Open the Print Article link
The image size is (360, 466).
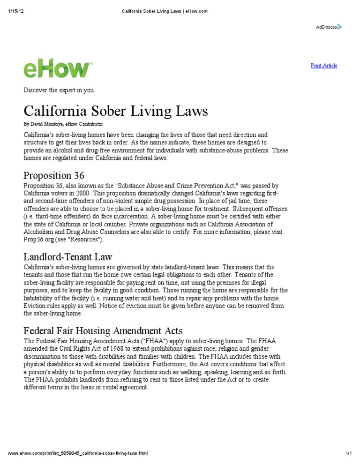324,66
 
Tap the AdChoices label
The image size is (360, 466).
326,27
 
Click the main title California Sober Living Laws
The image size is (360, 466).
116,111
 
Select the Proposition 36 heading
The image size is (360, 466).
54,175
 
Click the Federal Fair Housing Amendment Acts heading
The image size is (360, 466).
103,331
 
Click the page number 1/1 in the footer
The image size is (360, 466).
348,453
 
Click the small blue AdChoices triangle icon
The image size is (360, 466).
340,27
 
